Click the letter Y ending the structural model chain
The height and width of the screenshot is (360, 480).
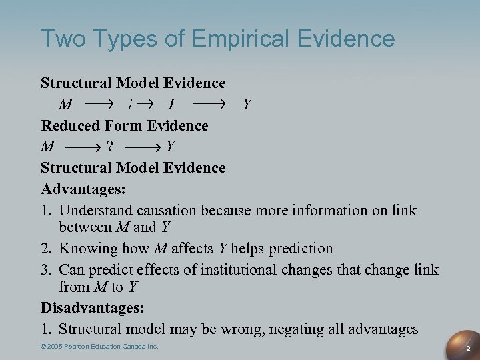pyautogui.click(x=247, y=105)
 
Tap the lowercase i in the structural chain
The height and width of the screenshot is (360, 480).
pyautogui.click(x=130, y=105)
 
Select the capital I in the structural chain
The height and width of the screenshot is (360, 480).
pyautogui.click(x=172, y=105)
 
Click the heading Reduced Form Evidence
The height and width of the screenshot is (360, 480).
pyautogui.click(x=125, y=126)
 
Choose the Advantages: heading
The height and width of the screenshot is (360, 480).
pyautogui.click(x=83, y=189)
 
